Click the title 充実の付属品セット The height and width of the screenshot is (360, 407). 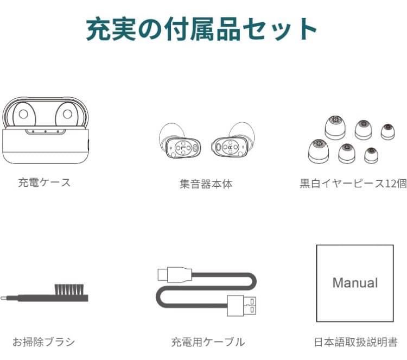pyautogui.click(x=201, y=29)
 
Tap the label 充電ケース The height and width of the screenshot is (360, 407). pyautogui.click(x=44, y=182)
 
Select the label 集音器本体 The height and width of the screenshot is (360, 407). pyautogui.click(x=206, y=184)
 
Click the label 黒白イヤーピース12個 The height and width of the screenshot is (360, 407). pyautogui.click(x=353, y=184)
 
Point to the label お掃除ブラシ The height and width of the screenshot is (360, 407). pyautogui.click(x=43, y=342)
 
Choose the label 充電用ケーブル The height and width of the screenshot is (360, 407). pyautogui.click(x=208, y=342)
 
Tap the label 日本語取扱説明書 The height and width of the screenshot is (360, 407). pyautogui.click(x=355, y=342)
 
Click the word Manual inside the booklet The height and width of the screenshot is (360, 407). pyautogui.click(x=355, y=282)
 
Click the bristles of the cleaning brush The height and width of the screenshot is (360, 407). pyautogui.click(x=69, y=289)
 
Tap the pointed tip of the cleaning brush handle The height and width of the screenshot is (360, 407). pyautogui.click(x=1, y=299)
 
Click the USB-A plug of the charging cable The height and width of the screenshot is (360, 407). pyautogui.click(x=241, y=306)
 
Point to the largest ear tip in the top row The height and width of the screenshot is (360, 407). pyautogui.click(x=335, y=128)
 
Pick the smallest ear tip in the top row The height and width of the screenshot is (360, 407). pyautogui.click(x=388, y=132)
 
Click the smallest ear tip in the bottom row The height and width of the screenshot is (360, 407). pyautogui.click(x=371, y=156)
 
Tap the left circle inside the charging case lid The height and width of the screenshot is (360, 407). pyautogui.click(x=23, y=114)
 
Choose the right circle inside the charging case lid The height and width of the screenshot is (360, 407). pyautogui.click(x=67, y=114)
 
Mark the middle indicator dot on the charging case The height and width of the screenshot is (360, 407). pyautogui.click(x=46, y=132)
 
